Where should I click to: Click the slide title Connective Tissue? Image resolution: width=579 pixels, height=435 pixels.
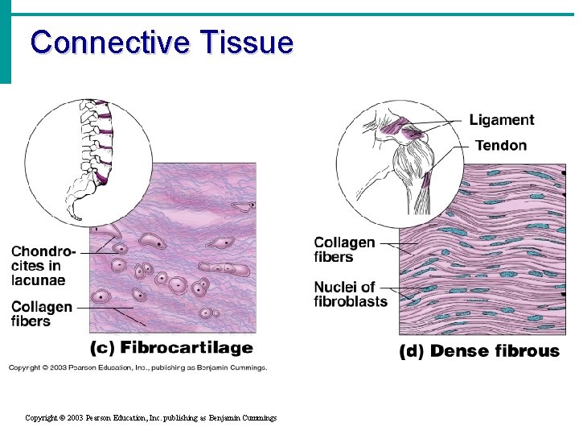(x=162, y=42)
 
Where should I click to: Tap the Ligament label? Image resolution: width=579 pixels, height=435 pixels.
(x=502, y=120)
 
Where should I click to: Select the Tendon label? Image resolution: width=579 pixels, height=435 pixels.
(x=501, y=146)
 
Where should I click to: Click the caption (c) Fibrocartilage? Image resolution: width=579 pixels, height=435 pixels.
(x=170, y=348)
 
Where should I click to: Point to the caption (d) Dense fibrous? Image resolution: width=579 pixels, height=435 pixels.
(x=479, y=351)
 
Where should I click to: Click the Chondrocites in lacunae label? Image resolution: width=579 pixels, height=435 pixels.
(x=43, y=266)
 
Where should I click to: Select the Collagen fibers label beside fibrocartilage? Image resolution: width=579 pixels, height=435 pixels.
(x=42, y=314)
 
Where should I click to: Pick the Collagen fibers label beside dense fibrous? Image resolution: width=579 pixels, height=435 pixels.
(x=344, y=250)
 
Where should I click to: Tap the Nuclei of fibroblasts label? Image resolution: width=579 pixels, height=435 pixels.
(x=351, y=294)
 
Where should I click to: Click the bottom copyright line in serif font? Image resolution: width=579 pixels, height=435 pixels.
(x=151, y=418)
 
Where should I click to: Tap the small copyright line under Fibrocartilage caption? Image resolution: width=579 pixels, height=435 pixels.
(x=138, y=367)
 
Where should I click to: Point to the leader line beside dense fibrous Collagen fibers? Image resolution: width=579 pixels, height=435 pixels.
(x=395, y=243)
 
